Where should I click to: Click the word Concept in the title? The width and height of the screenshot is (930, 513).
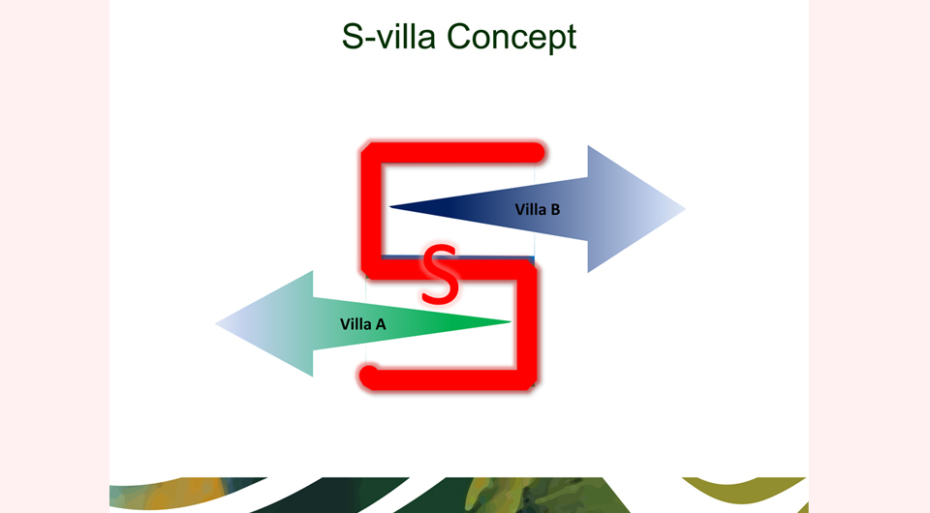(x=511, y=38)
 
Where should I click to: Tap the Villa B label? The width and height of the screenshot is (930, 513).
(x=538, y=210)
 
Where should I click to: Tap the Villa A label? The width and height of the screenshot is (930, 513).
(x=363, y=324)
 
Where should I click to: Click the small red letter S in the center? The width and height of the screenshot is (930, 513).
(x=440, y=274)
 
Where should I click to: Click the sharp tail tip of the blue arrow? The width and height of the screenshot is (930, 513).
(x=390, y=207)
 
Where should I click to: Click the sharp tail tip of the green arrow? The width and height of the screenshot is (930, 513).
(x=511, y=321)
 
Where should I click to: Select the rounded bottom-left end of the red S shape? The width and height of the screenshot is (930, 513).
(x=369, y=377)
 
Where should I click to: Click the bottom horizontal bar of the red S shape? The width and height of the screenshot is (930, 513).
(x=448, y=379)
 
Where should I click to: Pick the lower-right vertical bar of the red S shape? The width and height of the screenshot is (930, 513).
(x=527, y=324)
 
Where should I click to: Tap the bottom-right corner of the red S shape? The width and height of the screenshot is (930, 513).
(x=533, y=386)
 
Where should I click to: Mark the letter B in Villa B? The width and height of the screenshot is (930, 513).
(x=555, y=210)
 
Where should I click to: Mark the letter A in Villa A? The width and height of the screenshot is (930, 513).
(x=380, y=324)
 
